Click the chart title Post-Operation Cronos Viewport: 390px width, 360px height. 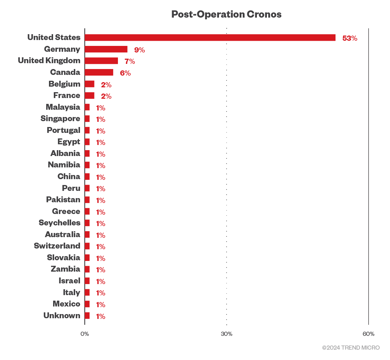(x=226, y=14)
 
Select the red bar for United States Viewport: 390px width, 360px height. (x=210, y=38)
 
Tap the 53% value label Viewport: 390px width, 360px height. (x=350, y=38)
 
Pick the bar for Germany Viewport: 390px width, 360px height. (x=106, y=49)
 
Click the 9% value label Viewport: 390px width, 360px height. (x=139, y=50)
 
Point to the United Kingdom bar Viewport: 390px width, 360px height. (x=101, y=61)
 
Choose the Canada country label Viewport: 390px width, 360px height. (x=65, y=72)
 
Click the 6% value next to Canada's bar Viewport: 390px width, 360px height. (x=125, y=73)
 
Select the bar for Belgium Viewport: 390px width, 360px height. (x=90, y=84)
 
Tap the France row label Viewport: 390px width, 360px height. (x=67, y=95)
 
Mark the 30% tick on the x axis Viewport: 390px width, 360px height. (x=227, y=334)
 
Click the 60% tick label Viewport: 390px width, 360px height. (x=368, y=334)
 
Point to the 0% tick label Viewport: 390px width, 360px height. (x=84, y=334)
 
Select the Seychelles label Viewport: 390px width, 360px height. (x=59, y=223)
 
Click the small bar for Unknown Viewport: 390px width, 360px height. (x=87, y=315)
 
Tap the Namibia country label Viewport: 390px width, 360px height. (x=64, y=165)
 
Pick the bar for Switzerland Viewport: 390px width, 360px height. (x=87, y=246)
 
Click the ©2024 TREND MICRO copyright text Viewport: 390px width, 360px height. (x=351, y=348)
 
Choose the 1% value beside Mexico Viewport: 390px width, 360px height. (x=100, y=304)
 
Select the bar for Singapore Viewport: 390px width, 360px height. (x=87, y=119)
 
